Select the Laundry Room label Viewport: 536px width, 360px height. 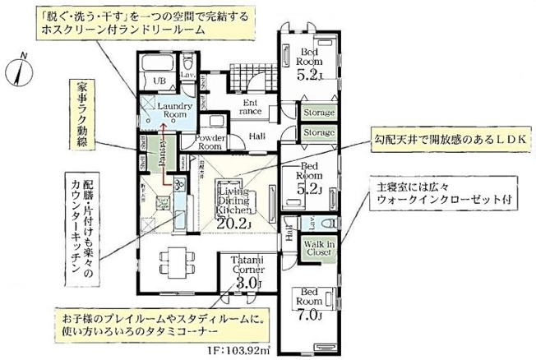175,111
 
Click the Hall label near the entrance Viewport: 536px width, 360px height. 256,136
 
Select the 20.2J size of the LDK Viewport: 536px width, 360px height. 233,221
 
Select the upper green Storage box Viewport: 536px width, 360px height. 318,112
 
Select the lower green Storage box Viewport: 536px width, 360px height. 318,132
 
